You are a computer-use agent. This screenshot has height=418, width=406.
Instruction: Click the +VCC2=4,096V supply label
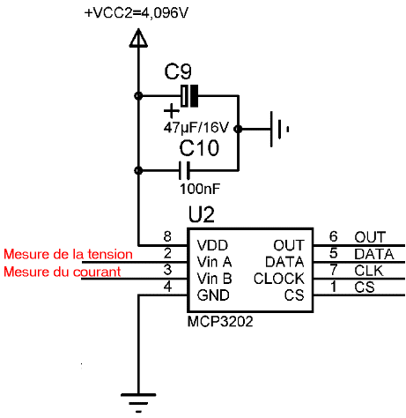(x=137, y=13)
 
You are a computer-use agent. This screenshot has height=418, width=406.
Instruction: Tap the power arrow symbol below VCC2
(x=138, y=38)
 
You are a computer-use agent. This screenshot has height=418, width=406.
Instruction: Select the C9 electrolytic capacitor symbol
(x=189, y=96)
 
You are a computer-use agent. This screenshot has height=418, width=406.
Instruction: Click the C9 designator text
(x=178, y=71)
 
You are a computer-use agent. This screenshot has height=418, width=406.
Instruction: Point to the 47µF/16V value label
(x=196, y=128)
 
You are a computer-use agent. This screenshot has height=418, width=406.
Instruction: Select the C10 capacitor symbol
(x=184, y=170)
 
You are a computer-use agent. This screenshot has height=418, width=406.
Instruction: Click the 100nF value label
(x=200, y=189)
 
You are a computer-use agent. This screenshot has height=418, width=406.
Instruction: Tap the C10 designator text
(x=199, y=148)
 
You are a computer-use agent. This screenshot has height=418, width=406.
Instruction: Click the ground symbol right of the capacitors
(x=279, y=129)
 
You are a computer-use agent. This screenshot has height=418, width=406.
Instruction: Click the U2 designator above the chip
(x=202, y=214)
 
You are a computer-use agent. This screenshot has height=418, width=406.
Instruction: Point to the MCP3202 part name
(x=220, y=322)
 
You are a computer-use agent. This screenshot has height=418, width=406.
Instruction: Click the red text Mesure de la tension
(x=68, y=254)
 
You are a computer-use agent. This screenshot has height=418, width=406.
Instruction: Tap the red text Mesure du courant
(x=63, y=272)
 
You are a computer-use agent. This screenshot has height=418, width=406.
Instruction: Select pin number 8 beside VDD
(x=167, y=236)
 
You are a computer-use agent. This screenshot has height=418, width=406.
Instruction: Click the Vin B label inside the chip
(x=214, y=279)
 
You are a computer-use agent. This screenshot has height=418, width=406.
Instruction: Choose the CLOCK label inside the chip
(x=279, y=279)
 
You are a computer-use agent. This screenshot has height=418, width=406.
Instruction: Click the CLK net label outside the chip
(x=369, y=271)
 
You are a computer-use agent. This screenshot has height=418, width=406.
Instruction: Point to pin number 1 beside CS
(x=334, y=287)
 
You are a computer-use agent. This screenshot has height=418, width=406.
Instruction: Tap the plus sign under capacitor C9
(x=172, y=111)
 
